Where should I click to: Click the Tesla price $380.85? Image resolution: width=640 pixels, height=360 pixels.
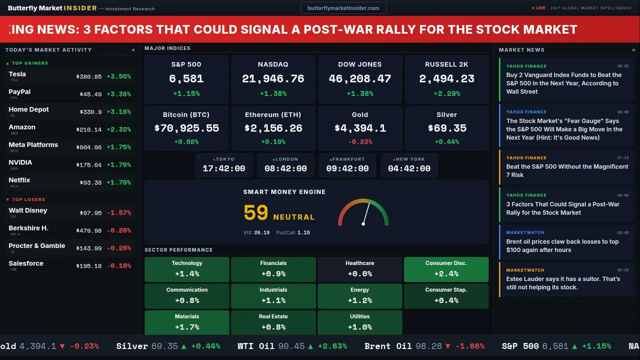coord(89,77)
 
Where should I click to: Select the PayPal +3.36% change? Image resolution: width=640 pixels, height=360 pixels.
coord(119,94)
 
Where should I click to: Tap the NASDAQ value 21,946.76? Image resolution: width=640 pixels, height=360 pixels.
coord(273,79)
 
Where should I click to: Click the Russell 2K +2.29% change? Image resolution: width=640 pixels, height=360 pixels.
coord(446,93)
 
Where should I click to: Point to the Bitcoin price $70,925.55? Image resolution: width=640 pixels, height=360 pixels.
coord(186,128)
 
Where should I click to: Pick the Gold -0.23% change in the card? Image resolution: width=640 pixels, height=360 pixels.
coord(359,142)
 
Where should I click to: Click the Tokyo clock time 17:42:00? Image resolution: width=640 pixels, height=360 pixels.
coord(224,169)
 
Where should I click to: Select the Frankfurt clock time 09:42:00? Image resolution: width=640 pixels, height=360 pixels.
coord(347,169)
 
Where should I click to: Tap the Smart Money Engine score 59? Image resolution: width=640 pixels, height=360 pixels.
coord(256,213)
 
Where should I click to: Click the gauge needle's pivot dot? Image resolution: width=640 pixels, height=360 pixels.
coord(363,223)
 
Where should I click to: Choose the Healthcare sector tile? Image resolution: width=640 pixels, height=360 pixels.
coord(359,269)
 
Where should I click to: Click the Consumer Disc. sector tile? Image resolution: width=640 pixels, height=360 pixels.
coord(446,269)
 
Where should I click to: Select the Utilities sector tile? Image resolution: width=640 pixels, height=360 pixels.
coord(359,322)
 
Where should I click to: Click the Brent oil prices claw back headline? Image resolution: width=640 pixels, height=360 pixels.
coord(562,245)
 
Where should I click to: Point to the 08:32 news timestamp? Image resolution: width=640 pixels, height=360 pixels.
coord(623,66)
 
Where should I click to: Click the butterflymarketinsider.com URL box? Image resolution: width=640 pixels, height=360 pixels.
coord(343,8)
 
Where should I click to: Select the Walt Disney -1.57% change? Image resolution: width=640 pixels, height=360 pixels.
coord(119,213)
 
